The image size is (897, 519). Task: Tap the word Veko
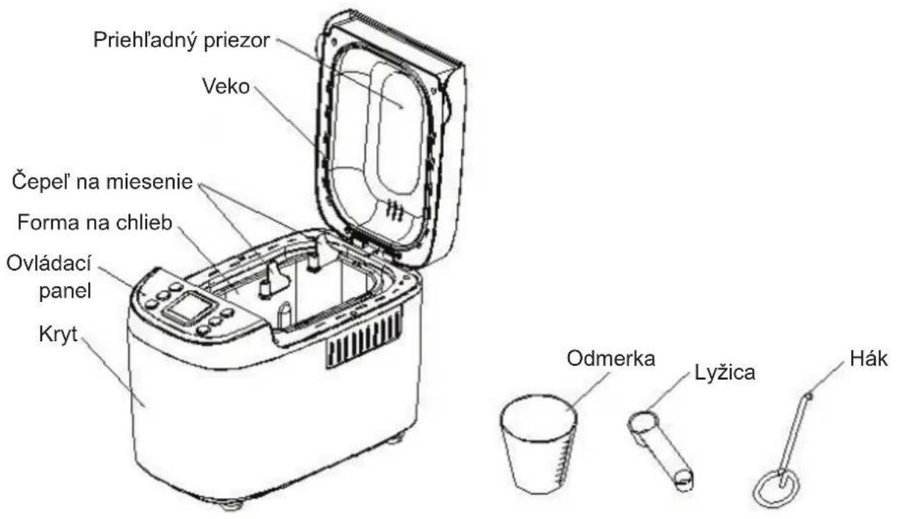click(x=226, y=86)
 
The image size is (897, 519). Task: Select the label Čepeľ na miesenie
click(x=102, y=182)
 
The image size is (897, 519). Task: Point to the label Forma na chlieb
click(x=95, y=222)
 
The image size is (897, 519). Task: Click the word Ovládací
click(x=49, y=263)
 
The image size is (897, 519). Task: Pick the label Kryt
click(x=58, y=334)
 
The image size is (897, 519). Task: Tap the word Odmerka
click(x=611, y=359)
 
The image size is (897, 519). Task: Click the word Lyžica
click(x=725, y=373)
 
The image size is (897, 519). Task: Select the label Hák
click(x=868, y=359)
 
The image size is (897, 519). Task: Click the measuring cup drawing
click(x=539, y=445)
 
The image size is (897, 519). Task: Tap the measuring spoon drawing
click(x=660, y=451)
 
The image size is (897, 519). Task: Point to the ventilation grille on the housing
click(x=364, y=338)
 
